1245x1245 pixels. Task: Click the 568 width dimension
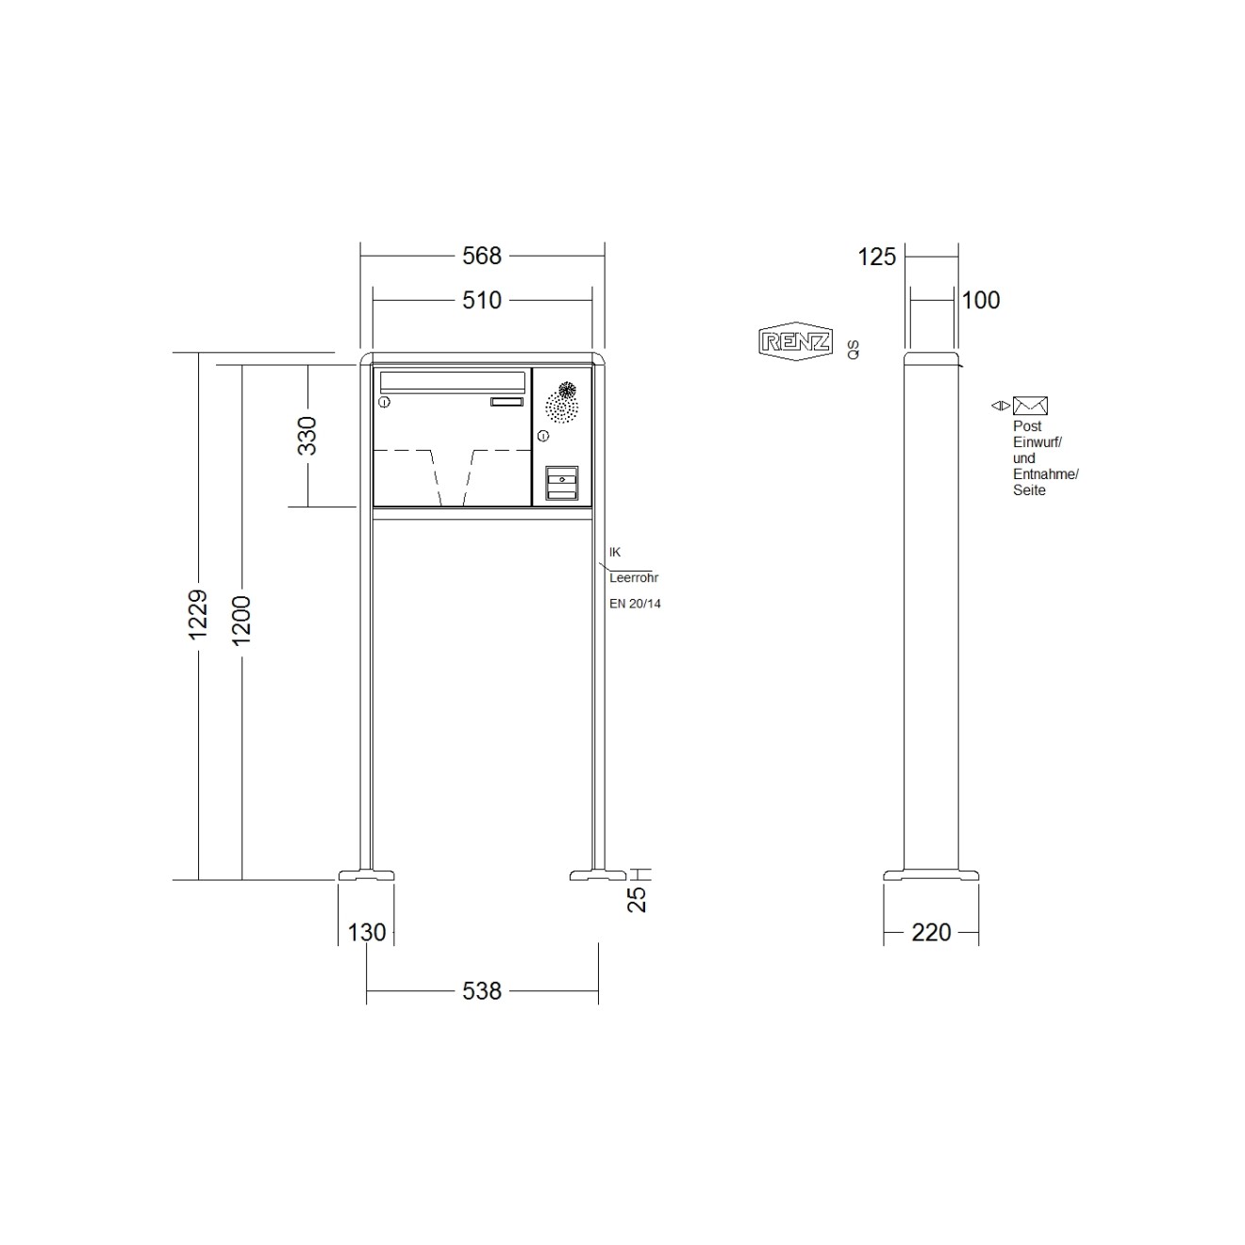(481, 256)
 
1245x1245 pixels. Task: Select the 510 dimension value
(481, 300)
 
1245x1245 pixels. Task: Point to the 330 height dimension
(307, 436)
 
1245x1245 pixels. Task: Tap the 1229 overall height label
(198, 615)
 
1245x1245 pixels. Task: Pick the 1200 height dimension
(241, 620)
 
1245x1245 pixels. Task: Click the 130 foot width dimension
(366, 932)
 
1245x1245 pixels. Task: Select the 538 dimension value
(481, 991)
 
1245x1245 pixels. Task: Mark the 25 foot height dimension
(638, 898)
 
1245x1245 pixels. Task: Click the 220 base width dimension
(931, 932)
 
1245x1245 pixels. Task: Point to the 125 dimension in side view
(876, 257)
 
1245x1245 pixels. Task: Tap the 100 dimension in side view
(981, 300)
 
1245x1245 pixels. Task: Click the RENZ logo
(796, 341)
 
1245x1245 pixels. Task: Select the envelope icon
(1030, 406)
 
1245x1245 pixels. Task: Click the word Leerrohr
(634, 577)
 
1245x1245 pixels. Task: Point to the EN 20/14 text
(635, 604)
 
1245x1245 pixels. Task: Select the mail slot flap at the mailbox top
(452, 381)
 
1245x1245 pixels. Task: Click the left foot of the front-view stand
(366, 874)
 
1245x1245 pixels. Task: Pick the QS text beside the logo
(853, 350)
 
